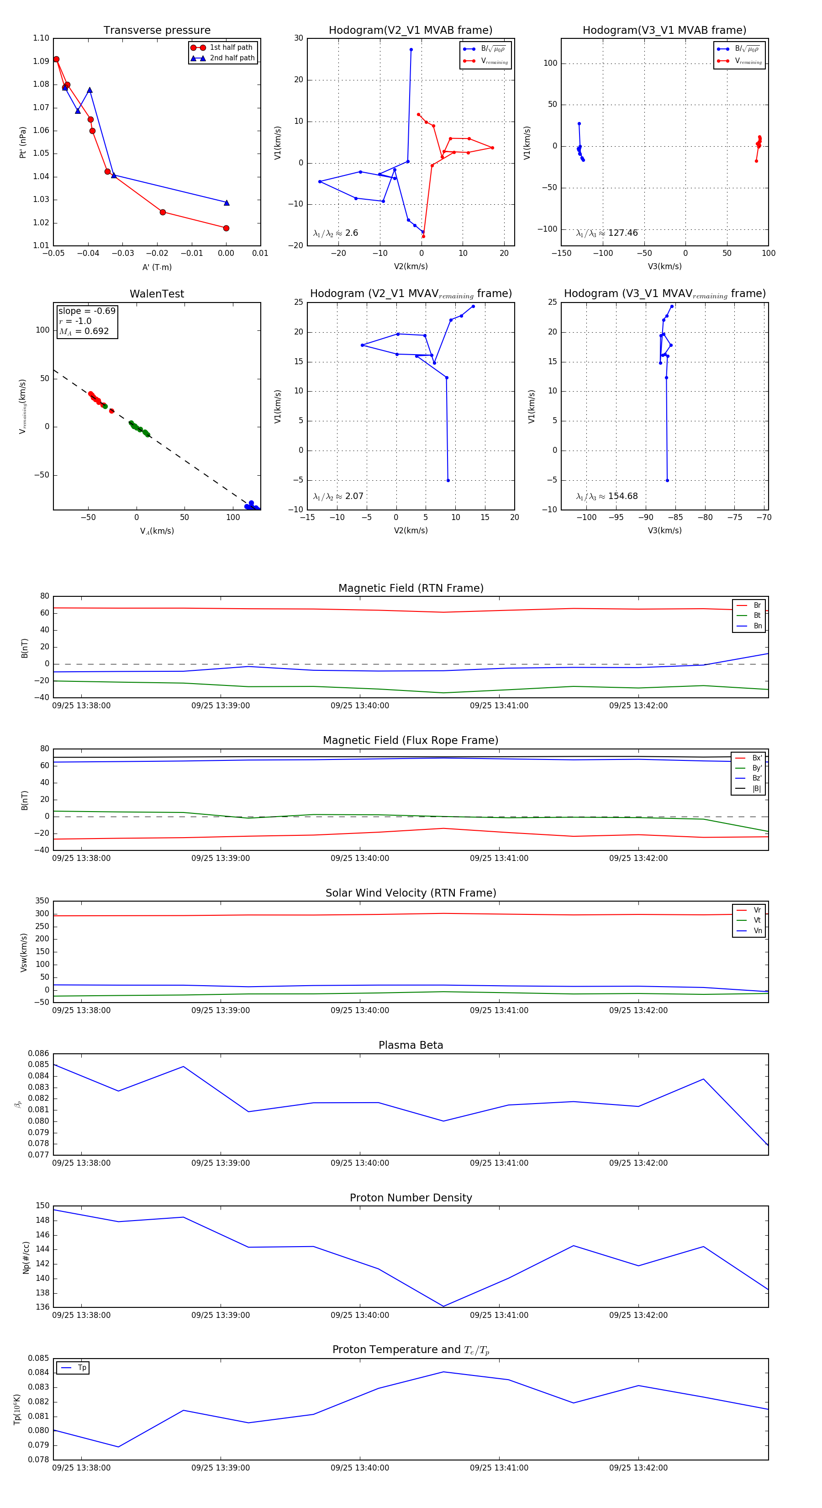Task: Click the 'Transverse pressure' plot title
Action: pyautogui.click(x=157, y=31)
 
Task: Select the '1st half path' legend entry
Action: pyautogui.click(x=231, y=48)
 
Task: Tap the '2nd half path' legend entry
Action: pyautogui.click(x=232, y=58)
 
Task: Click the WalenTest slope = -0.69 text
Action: pyautogui.click(x=87, y=311)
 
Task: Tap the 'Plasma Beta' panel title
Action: pyautogui.click(x=411, y=1045)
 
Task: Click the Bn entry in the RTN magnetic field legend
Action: pyautogui.click(x=757, y=626)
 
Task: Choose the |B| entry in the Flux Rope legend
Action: pyautogui.click(x=756, y=789)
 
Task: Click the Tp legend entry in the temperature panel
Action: pyautogui.click(x=81, y=1368)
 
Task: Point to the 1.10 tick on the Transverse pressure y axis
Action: pyautogui.click(x=41, y=39)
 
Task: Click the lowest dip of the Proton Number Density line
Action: pyautogui.click(x=443, y=1306)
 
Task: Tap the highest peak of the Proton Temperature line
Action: pyautogui.click(x=443, y=1372)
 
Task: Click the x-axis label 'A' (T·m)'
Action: pyautogui.click(x=157, y=267)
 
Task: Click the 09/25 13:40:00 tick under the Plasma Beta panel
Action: pyautogui.click(x=360, y=1163)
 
